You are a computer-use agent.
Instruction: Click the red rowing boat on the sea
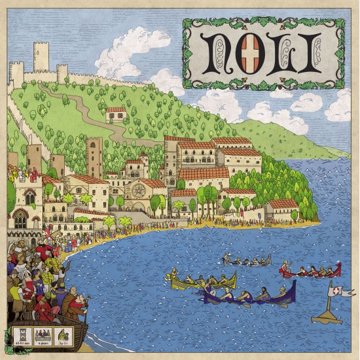tap(310, 272)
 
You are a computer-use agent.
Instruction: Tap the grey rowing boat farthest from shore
tap(247, 262)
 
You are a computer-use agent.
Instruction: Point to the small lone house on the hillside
tap(116, 115)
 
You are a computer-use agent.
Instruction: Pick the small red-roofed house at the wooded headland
tap(283, 208)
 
